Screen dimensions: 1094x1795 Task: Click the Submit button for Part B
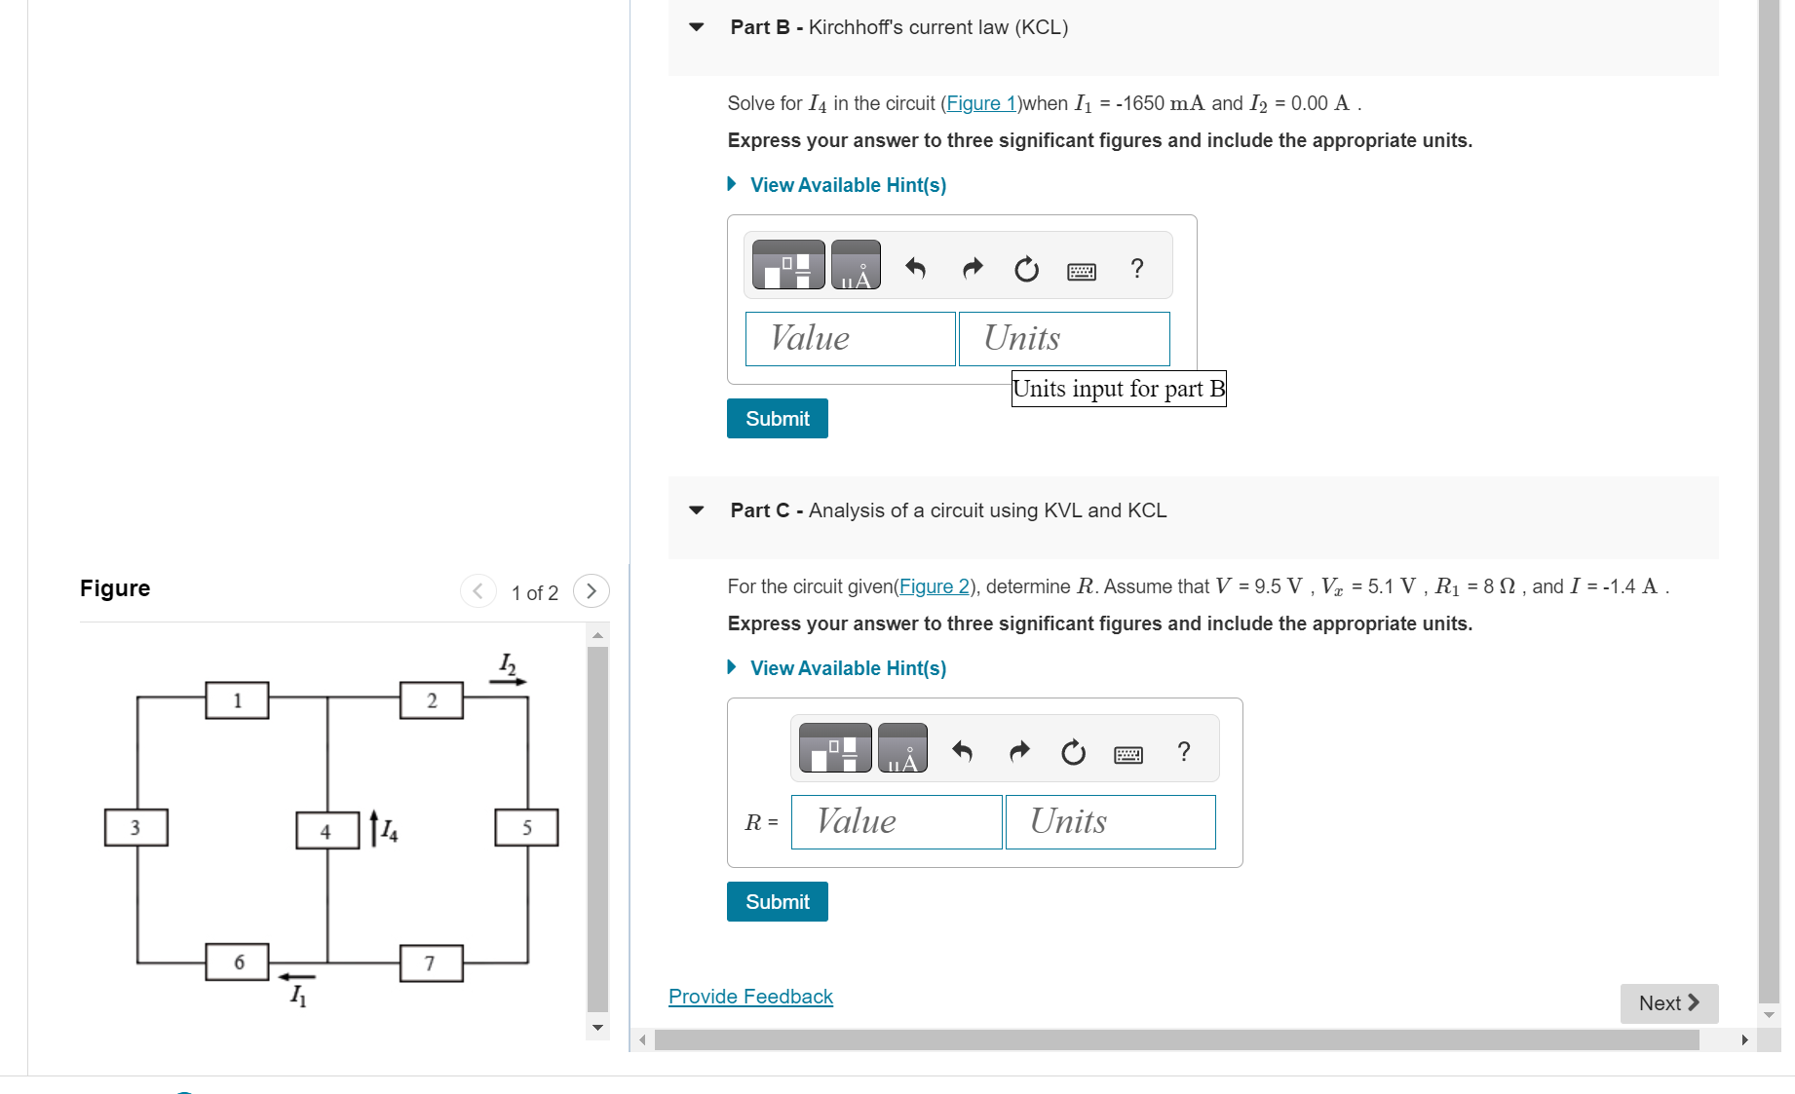coord(777,419)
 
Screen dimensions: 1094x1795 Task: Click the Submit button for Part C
coord(777,902)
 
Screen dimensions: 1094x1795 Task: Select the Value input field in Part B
coord(850,339)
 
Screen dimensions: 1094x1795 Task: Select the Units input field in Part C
coord(1110,822)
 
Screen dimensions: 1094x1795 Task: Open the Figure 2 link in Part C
coord(934,586)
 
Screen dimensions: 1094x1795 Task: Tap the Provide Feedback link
coord(750,997)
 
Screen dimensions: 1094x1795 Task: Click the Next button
coord(1668,1003)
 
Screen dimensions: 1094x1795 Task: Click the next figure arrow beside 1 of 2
coord(591,591)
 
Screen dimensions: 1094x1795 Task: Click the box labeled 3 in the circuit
coord(136,827)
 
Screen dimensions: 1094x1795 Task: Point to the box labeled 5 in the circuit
coord(526,827)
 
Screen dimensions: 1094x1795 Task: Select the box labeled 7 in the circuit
coord(431,963)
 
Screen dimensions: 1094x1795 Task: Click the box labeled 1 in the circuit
coord(237,700)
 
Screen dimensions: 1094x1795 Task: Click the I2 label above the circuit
coord(507,664)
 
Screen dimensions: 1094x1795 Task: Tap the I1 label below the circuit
coord(298,995)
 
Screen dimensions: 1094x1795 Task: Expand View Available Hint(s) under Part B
coord(847,185)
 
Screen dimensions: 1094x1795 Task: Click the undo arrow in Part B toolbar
coord(915,268)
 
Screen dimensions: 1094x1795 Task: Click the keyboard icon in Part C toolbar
coord(1127,753)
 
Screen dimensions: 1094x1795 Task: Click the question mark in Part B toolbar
coord(1136,268)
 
